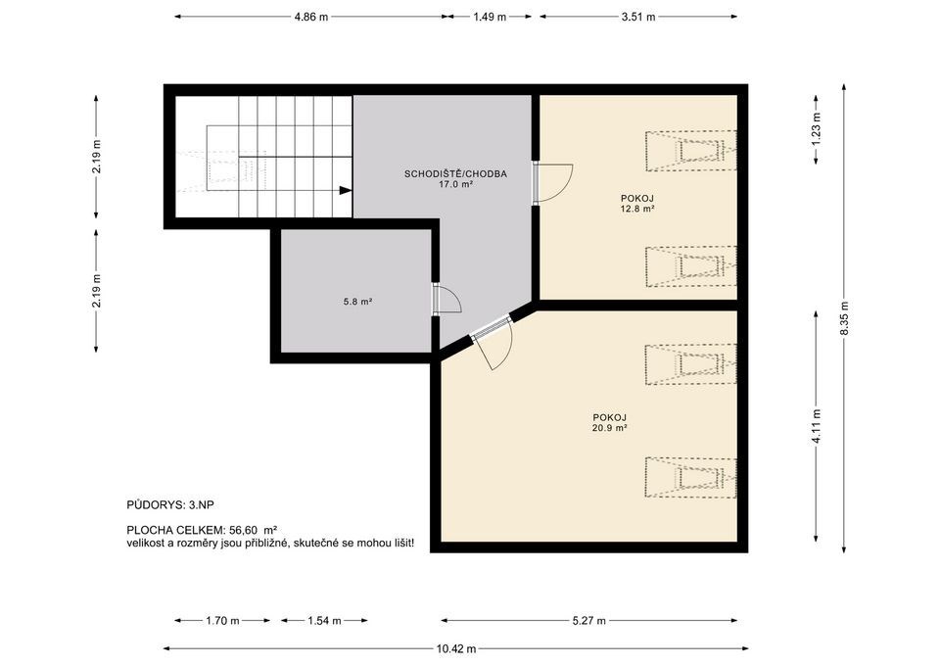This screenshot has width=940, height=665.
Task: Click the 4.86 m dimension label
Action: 311,17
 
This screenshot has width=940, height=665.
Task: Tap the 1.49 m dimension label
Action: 490,17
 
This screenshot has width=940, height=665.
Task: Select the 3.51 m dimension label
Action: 638,17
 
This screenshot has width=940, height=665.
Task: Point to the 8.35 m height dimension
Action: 844,317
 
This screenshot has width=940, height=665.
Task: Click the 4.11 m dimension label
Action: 816,426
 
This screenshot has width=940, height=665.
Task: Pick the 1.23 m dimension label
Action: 816,129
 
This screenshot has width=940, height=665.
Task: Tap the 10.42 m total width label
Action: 456,648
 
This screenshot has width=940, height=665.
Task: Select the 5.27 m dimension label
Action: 588,621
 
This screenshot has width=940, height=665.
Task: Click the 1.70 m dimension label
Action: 222,621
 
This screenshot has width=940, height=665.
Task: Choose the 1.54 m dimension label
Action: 324,621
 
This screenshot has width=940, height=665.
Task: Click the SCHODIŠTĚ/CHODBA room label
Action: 455,174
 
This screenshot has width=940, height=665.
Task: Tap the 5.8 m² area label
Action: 358,302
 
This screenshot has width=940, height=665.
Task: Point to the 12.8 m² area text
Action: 637,209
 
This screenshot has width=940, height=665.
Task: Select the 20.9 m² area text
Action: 610,428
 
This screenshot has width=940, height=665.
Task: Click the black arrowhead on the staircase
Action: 346,190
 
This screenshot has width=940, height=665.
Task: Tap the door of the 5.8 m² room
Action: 446,300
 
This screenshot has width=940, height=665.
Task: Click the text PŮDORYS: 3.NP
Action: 170,505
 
